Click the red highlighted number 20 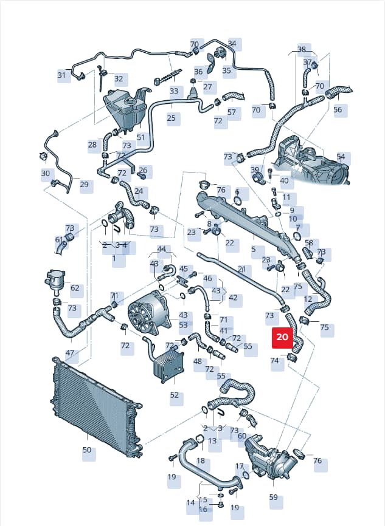282,336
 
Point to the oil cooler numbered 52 168,364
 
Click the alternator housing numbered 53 150,313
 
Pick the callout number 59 274,497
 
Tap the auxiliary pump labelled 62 55,281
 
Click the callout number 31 61,75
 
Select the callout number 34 232,43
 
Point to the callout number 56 338,109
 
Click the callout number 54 341,157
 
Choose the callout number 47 69,353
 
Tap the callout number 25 172,118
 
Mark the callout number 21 242,269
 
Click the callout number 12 308,299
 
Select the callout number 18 201,460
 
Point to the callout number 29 84,184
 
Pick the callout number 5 253,249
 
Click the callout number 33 174,91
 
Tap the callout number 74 274,361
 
